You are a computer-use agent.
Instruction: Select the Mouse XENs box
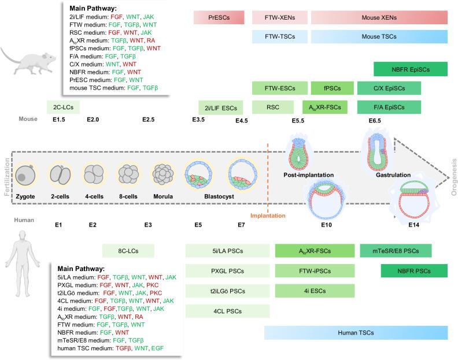pos(379,18)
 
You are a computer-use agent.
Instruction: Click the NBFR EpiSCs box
pos(411,69)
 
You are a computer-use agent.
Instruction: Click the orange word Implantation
pos(268,216)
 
